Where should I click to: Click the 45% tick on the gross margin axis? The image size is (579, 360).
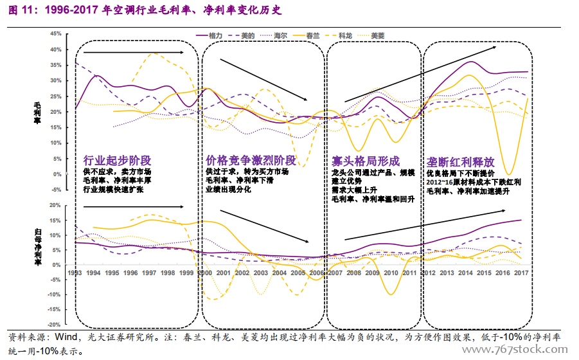pos(55,33)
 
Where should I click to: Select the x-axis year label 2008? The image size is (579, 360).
pos(353,273)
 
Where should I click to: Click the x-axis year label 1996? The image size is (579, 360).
pos(130,273)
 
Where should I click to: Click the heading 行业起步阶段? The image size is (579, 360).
pos(117,160)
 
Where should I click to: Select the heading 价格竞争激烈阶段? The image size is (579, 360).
pos(251,160)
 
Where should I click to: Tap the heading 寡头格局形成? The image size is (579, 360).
pos(365,160)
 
